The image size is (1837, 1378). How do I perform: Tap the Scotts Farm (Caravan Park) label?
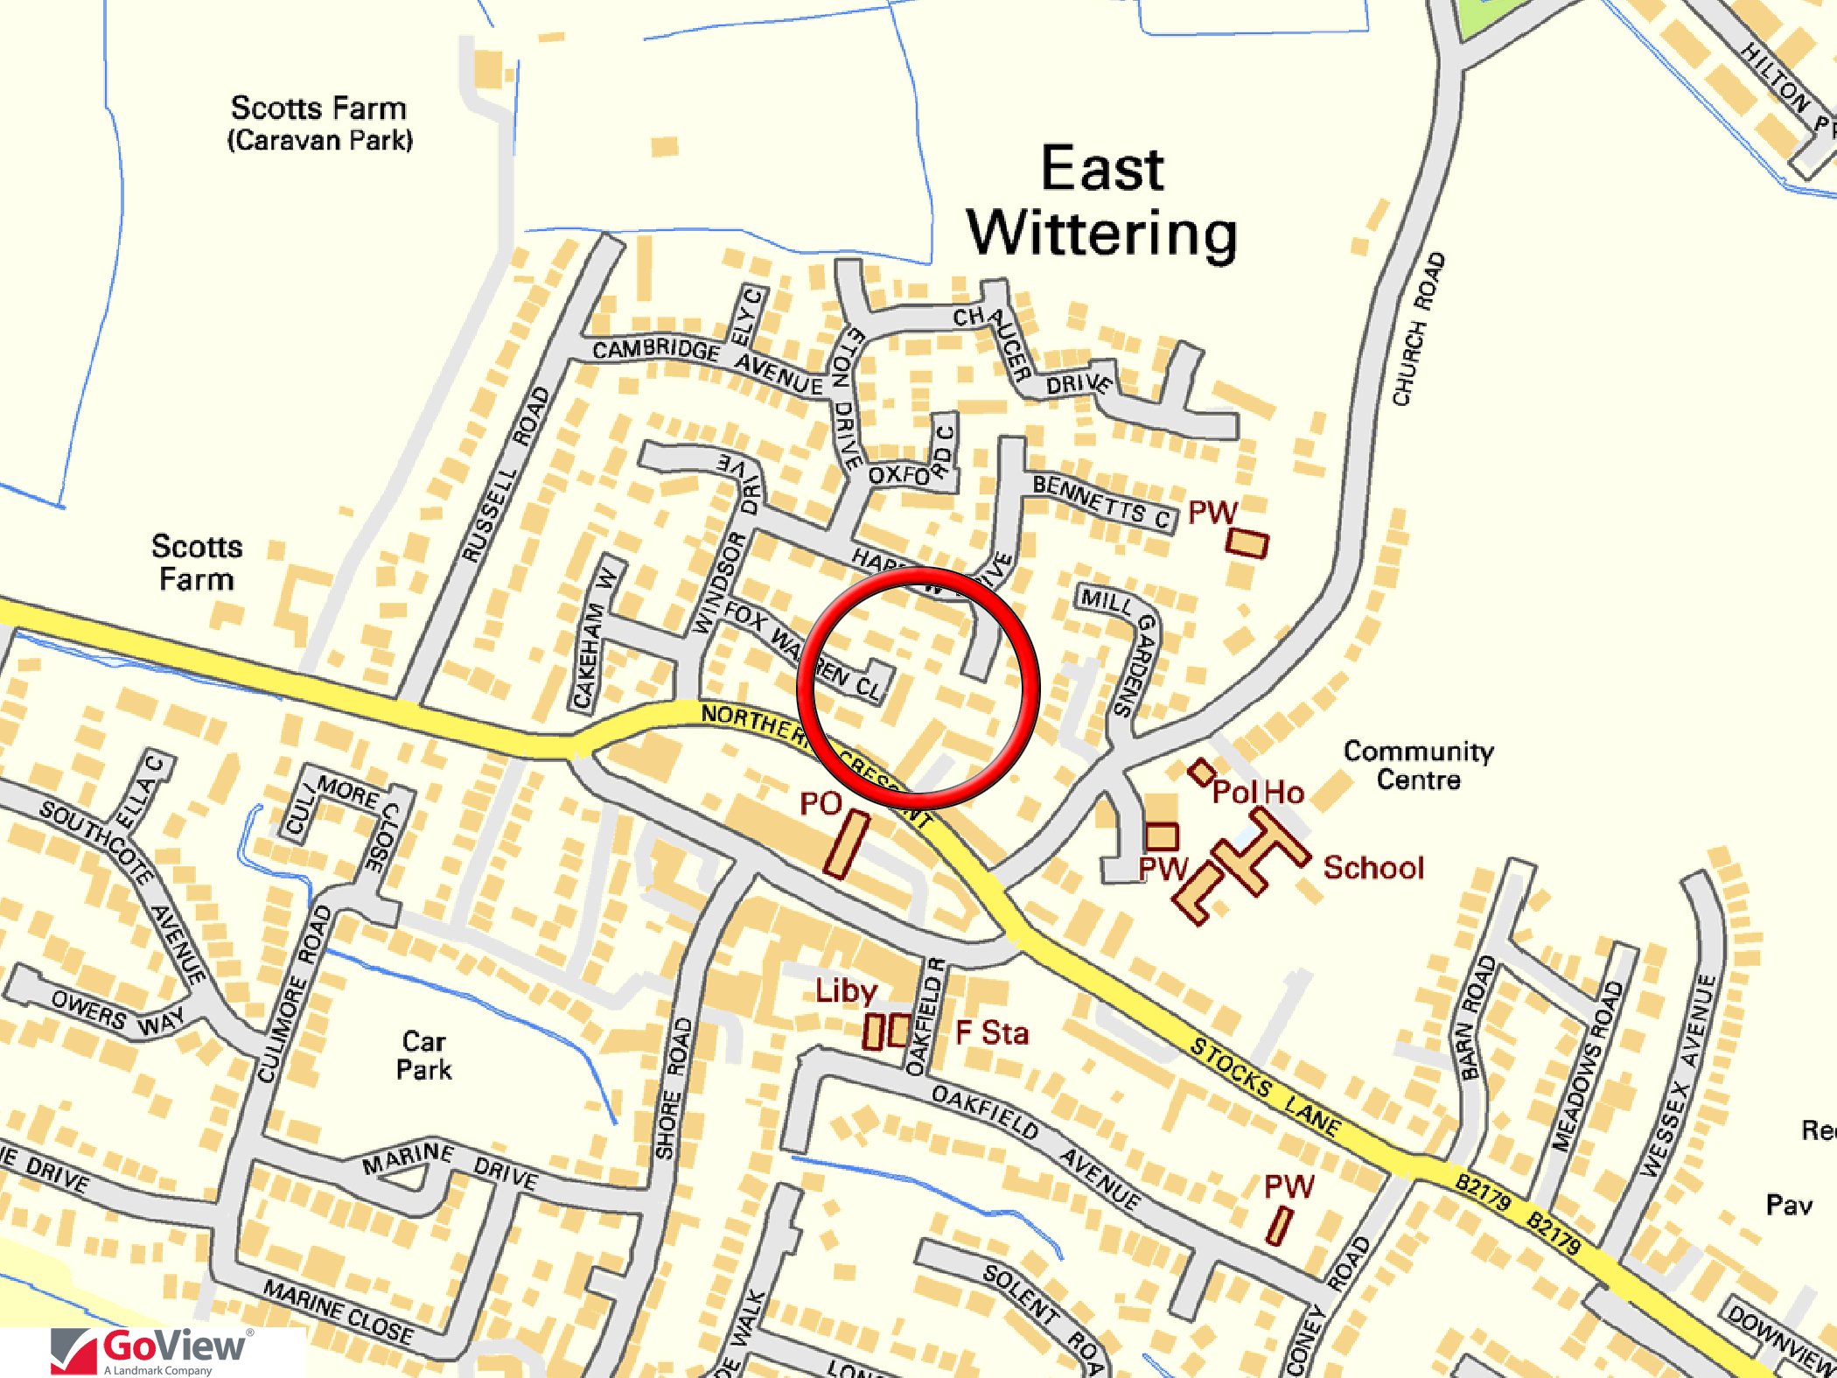[x=319, y=123]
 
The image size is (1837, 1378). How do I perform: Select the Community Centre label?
[x=1418, y=765]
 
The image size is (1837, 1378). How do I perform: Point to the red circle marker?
[x=918, y=684]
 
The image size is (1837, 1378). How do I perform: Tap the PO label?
[x=821, y=803]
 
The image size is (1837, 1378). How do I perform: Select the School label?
[x=1373, y=867]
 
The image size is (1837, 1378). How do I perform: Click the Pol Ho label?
[x=1258, y=792]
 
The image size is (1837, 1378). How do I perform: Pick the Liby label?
[x=846, y=990]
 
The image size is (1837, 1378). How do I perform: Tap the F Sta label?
[x=992, y=1032]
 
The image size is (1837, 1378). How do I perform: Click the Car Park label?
[x=424, y=1055]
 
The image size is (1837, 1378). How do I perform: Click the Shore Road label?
[x=674, y=1088]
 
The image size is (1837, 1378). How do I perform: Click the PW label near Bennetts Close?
[x=1212, y=512]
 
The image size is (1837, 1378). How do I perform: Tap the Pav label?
[x=1789, y=1205]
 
